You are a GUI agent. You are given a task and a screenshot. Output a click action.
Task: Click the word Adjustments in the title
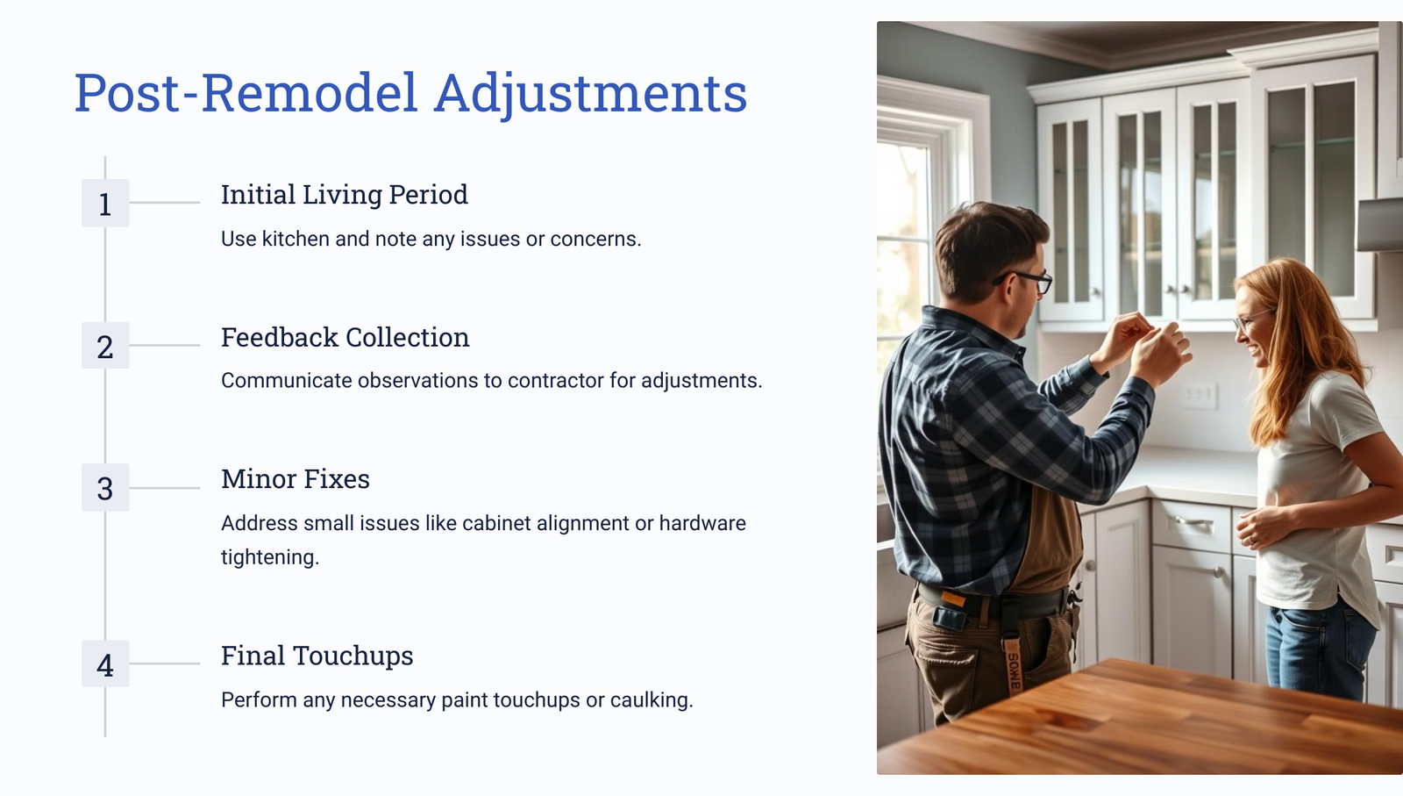pyautogui.click(x=591, y=95)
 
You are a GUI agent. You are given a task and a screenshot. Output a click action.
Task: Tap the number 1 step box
pyautogui.click(x=105, y=203)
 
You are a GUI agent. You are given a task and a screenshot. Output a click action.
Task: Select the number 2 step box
pyautogui.click(x=105, y=346)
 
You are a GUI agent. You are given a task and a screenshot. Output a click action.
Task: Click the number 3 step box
pyautogui.click(x=105, y=488)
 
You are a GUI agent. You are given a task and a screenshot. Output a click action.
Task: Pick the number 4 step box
pyautogui.click(x=105, y=663)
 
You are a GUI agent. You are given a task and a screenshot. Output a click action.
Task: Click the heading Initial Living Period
pyautogui.click(x=345, y=195)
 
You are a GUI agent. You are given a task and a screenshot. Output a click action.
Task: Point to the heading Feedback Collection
pyautogui.click(x=345, y=337)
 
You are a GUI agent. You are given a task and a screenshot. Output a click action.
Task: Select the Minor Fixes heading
pyautogui.click(x=296, y=479)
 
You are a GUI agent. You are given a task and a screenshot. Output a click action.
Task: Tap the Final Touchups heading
pyautogui.click(x=317, y=656)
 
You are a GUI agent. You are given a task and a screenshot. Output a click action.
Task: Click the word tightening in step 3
pyautogui.click(x=270, y=557)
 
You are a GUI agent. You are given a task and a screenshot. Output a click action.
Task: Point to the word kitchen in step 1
pyautogui.click(x=296, y=239)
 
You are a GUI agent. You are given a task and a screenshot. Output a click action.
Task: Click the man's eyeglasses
pyautogui.click(x=1027, y=281)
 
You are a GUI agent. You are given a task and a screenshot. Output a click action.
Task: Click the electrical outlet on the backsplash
pyautogui.click(x=1199, y=395)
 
